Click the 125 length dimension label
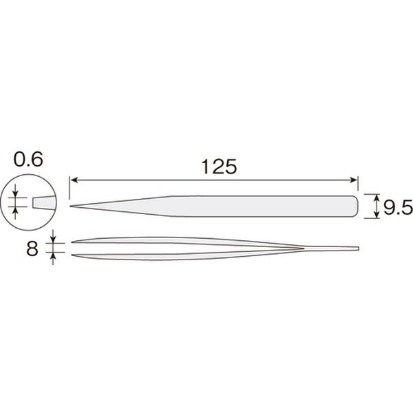219,167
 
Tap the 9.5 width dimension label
398,207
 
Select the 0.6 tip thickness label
28,159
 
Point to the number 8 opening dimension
32,248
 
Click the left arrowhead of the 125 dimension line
74,180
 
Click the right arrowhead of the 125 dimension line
353,180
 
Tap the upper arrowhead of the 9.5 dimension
377,197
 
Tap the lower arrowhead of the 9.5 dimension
377,215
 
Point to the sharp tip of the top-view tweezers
70,206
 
